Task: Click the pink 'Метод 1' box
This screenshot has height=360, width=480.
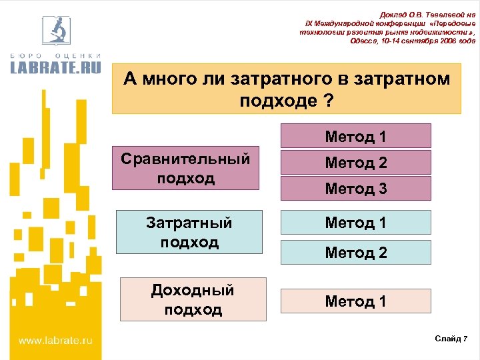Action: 355,136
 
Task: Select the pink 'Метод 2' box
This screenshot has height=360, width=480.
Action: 355,162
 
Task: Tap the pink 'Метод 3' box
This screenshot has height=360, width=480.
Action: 355,189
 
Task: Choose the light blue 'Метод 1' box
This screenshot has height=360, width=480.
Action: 355,222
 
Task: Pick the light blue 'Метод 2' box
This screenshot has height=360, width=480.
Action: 355,252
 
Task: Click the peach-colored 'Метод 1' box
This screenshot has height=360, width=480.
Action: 355,301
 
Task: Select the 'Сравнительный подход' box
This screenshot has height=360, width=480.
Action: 185,169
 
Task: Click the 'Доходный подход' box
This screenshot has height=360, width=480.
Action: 193,299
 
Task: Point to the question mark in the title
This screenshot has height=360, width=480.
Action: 327,101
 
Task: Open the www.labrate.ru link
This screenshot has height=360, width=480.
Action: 55,341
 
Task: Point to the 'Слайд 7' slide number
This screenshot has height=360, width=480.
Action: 451,339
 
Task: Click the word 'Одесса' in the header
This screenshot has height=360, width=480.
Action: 363,41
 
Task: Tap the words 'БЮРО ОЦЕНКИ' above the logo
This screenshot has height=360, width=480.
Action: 55,55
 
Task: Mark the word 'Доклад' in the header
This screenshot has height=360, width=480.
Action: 394,15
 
